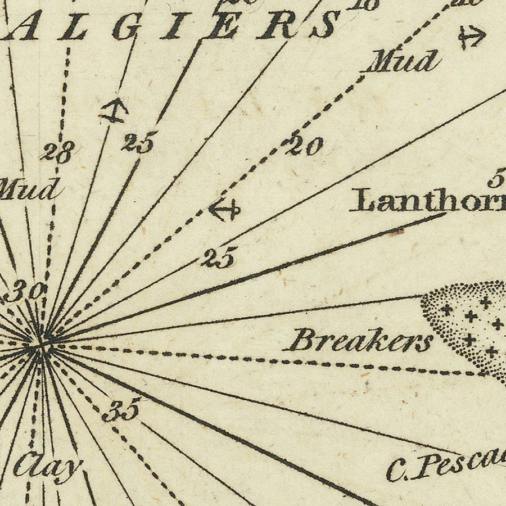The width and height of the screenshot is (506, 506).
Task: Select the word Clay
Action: click(x=48, y=466)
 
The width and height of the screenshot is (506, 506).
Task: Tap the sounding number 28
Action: click(x=57, y=151)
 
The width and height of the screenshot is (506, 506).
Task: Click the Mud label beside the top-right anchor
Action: click(x=402, y=61)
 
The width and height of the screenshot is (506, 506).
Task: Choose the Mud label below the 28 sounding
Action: click(x=28, y=189)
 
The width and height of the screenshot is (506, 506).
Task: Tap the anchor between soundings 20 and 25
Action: click(x=224, y=210)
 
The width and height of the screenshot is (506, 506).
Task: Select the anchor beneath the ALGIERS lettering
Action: click(x=113, y=110)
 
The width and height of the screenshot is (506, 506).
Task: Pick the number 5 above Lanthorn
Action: click(x=495, y=180)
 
